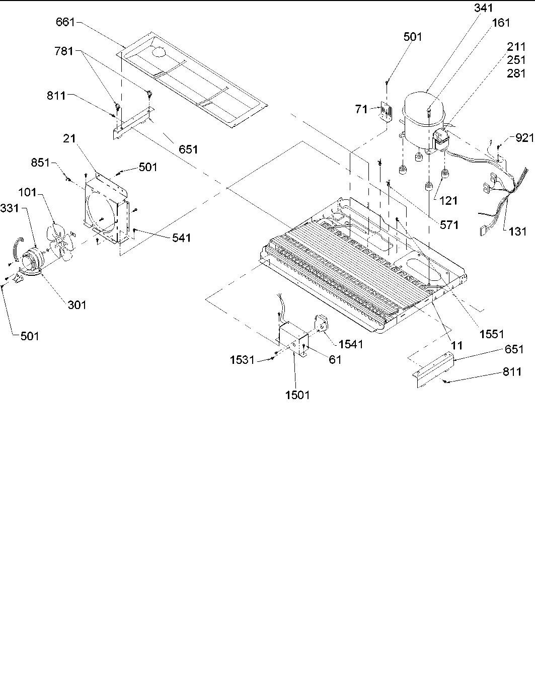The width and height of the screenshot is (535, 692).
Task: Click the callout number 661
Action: tap(65, 23)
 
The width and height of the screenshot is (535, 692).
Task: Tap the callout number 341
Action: tap(483, 8)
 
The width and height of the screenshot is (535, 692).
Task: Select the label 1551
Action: tap(492, 334)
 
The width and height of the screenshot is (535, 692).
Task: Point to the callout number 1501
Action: tap(297, 395)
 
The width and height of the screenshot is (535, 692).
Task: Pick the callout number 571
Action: tap(449, 224)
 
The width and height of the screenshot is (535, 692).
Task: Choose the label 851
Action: tap(41, 162)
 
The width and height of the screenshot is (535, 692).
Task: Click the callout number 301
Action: tap(77, 304)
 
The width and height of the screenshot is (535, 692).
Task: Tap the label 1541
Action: tap(350, 344)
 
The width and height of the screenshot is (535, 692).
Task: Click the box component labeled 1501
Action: tap(291, 337)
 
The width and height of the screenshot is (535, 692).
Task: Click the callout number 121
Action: tap(448, 200)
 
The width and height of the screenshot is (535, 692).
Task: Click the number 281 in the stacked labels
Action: tap(515, 73)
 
